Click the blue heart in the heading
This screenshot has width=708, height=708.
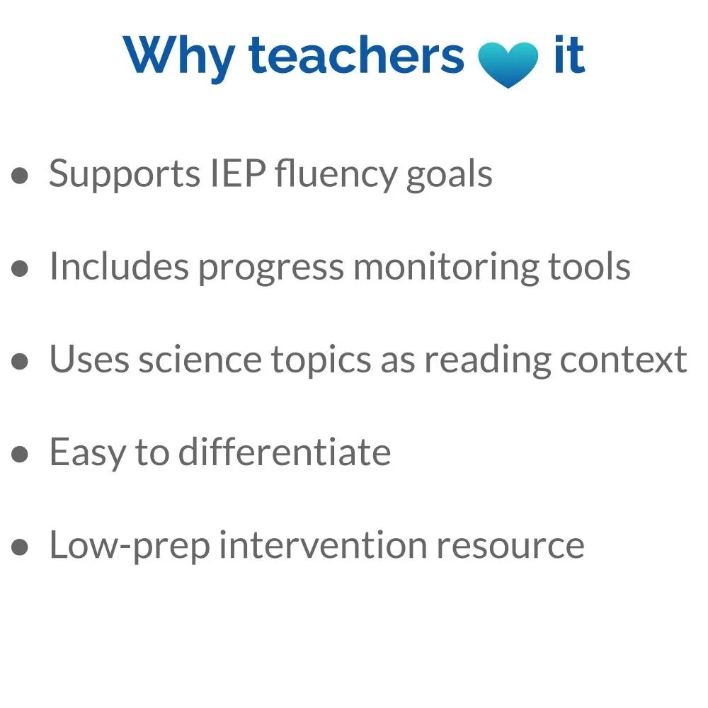pos(508,62)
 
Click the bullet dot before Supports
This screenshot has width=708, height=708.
pos(21,175)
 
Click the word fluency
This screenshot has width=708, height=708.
pos(336,175)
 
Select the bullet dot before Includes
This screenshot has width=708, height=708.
pos(21,268)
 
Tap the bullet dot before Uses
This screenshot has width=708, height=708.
pos(21,361)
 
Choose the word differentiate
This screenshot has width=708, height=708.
pos(284,452)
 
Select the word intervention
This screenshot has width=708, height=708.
pos(322,545)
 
